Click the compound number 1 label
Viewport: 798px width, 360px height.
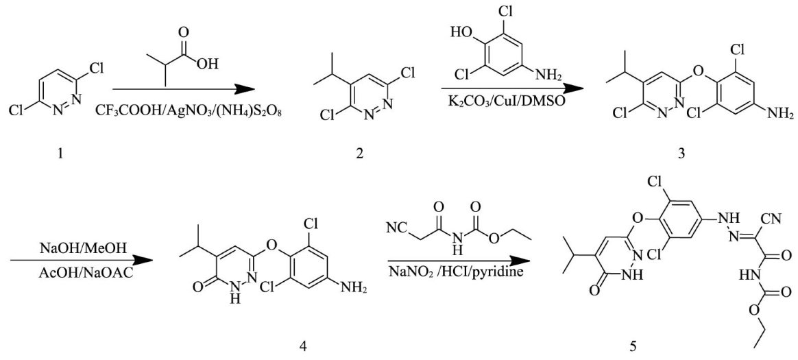click(x=61, y=154)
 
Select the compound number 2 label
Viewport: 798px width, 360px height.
click(x=360, y=155)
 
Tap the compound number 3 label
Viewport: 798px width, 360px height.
click(x=681, y=154)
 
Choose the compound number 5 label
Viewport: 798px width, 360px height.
click(x=633, y=346)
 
